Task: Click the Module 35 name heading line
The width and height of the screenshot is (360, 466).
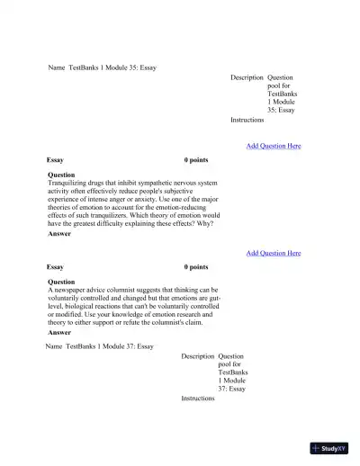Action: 102,67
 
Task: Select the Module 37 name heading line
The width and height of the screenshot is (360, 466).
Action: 100,346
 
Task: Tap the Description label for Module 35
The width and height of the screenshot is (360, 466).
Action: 247,78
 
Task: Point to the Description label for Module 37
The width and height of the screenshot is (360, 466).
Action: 197,356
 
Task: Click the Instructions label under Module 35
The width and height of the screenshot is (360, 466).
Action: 247,120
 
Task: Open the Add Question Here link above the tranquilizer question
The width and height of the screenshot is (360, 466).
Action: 274,146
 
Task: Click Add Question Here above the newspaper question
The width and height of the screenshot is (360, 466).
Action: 274,254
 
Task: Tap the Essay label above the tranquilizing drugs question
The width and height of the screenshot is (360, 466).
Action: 55,160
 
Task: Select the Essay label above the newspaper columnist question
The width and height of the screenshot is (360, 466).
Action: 55,267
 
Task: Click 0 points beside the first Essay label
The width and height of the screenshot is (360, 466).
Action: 196,160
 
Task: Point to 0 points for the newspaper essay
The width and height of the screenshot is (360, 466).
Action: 196,267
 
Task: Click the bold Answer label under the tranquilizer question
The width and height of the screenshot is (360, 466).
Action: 59,234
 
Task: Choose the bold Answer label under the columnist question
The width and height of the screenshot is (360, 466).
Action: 59,332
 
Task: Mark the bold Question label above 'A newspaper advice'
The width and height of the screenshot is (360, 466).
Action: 61,282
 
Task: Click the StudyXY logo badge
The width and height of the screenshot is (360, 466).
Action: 328,448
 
